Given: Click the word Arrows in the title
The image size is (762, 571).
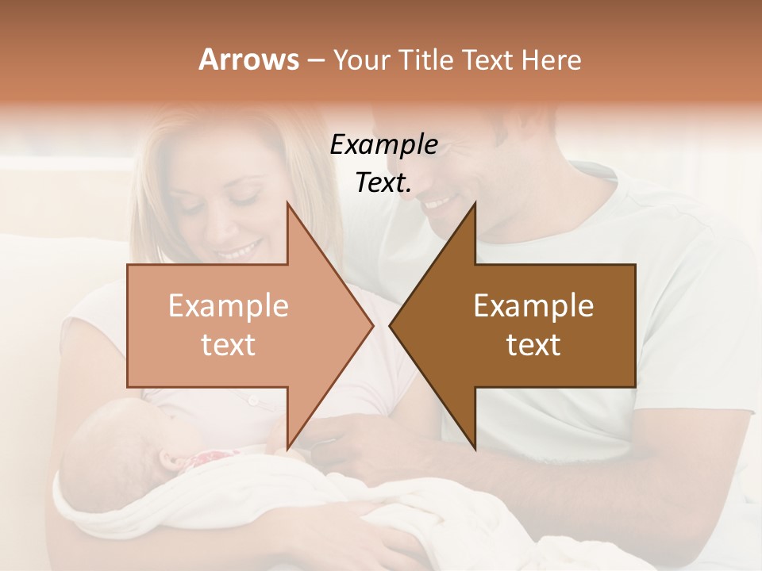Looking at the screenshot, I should coord(248,59).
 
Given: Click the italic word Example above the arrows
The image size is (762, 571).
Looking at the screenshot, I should coord(383,145).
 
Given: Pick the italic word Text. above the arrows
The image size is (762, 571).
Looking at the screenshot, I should coord(383,183).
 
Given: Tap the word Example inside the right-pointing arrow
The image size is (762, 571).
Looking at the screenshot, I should coord(229,306).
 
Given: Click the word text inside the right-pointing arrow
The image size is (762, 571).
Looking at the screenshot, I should coord(229,345).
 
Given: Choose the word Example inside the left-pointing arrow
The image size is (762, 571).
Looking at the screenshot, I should coord(533,306).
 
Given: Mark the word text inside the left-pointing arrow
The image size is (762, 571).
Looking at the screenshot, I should coord(533,345).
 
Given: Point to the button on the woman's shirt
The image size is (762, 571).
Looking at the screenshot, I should coord(253,400).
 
